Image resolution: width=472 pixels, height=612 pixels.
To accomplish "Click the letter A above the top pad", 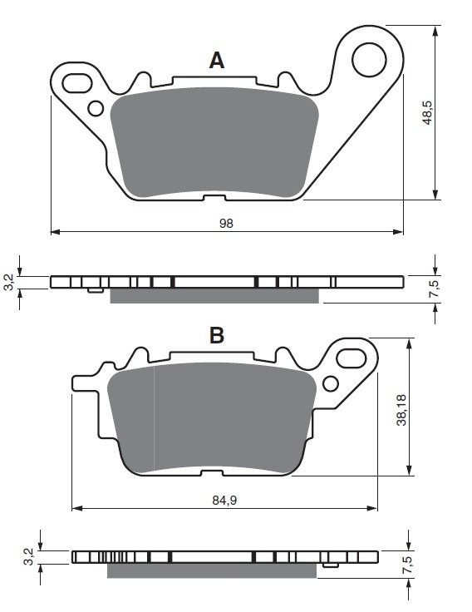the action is pos(217,61).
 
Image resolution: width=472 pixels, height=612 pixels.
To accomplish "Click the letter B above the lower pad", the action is pos(217,335).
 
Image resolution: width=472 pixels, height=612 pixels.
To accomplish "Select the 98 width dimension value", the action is pos(226,223).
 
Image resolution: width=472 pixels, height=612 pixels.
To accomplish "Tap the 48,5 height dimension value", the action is pos(428,112).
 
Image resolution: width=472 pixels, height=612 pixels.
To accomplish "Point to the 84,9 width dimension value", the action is pos(224,500).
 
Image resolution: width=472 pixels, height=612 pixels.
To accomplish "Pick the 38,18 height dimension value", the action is pos(401,410).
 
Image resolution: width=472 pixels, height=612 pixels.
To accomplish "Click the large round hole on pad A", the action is pos(369,60).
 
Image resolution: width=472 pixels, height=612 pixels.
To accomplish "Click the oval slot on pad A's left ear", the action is pos(76,83).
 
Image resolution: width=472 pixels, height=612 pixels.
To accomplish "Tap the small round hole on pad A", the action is pos(96,108).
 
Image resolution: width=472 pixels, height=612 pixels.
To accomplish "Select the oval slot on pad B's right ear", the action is pos(351,358).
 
